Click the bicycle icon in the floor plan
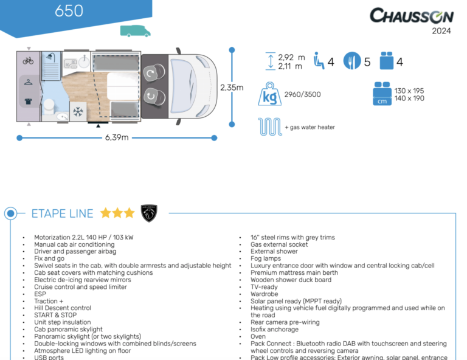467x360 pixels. [x=28, y=61]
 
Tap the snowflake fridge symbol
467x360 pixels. [x=78, y=112]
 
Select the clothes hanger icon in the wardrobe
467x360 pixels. [x=28, y=81]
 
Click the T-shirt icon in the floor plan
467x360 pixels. [x=28, y=102]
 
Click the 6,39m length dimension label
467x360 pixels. [x=117, y=137]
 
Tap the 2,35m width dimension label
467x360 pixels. [x=232, y=88]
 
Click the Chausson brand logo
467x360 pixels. [x=410, y=15]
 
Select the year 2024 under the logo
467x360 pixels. [x=441, y=32]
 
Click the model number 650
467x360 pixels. [x=69, y=11]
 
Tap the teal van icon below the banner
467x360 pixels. [x=135, y=31]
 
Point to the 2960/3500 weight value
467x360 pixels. [x=302, y=94]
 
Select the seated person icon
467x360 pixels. [x=318, y=61]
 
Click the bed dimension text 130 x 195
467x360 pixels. [x=409, y=91]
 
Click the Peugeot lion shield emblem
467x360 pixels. [x=149, y=213]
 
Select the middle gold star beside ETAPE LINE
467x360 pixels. [x=117, y=213]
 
